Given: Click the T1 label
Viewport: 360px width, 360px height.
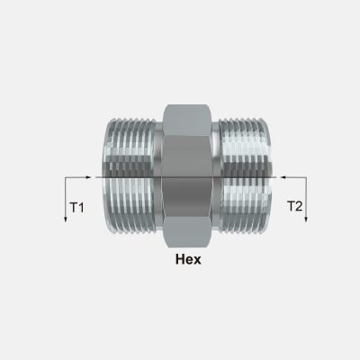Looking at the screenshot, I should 76,209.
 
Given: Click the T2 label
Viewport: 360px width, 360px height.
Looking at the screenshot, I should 295,207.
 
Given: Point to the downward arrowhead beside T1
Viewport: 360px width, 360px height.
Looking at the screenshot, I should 66,219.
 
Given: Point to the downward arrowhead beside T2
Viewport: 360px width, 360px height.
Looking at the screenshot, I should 306,219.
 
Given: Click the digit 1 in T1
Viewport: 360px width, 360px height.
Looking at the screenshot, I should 81,209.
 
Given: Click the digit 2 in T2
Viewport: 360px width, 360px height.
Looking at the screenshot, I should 300,207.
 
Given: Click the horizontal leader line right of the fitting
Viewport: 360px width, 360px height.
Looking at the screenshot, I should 291,177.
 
